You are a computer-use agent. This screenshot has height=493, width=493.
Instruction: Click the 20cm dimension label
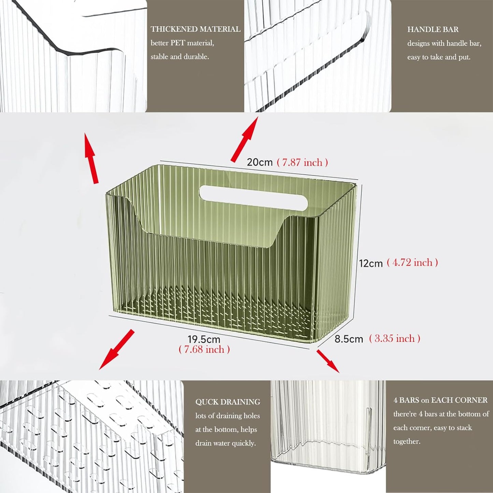point(260,162)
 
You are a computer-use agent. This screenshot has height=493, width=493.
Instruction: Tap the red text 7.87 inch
point(302,162)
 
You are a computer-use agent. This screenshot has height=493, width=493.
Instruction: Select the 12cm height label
point(371,263)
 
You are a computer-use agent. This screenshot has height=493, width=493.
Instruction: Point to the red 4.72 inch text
point(412,262)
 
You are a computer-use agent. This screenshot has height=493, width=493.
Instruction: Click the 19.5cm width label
point(204,339)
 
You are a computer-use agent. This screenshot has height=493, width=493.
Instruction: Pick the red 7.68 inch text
point(204,349)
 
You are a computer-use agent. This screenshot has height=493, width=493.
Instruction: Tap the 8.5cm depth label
point(349,339)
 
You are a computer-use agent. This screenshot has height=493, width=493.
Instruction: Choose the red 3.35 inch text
point(394,338)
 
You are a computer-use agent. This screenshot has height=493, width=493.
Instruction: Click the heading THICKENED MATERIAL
point(195,29)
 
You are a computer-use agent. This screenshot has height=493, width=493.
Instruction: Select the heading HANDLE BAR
point(433,30)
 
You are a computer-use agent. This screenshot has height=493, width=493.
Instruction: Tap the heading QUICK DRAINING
point(228,402)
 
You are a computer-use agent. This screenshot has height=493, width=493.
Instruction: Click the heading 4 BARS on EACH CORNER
point(440,400)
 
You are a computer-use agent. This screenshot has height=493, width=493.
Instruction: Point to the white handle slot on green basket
point(253,197)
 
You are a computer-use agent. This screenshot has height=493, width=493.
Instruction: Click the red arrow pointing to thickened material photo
point(91,159)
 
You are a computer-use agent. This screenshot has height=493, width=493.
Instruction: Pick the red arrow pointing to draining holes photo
point(117,349)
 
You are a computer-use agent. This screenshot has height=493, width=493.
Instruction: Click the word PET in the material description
point(178,43)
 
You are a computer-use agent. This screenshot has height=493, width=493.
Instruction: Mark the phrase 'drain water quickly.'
point(226,443)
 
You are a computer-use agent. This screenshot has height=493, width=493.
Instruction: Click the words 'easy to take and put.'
point(439,57)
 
